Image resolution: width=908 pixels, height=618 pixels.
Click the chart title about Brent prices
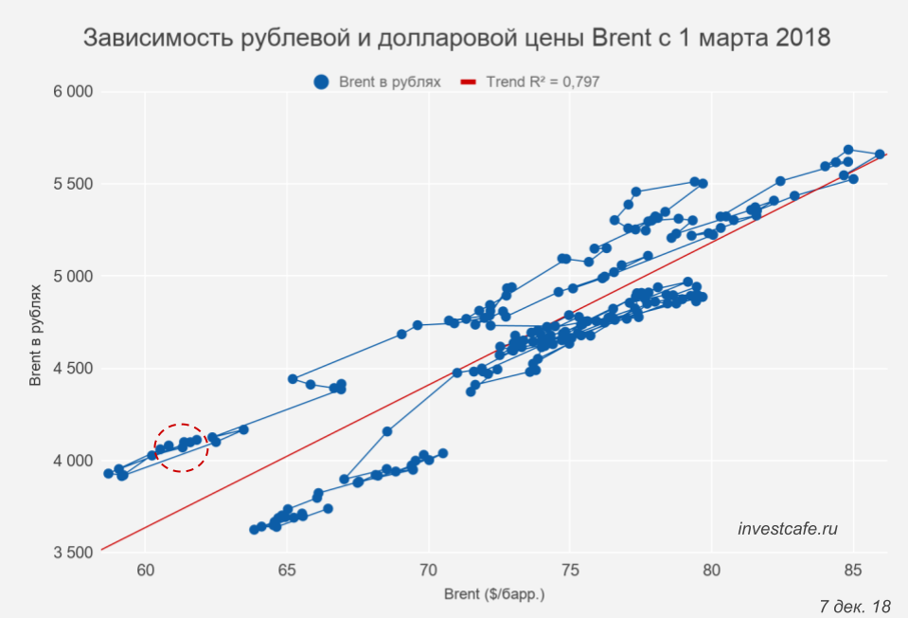click(x=456, y=39)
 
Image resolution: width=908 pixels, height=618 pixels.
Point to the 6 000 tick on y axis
click(x=73, y=92)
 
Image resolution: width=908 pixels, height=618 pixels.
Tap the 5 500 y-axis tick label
click(x=73, y=184)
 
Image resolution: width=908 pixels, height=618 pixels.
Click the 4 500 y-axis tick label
click(x=73, y=369)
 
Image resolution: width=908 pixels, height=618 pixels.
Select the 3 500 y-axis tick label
click(x=73, y=553)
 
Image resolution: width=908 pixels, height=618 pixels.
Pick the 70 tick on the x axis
click(x=428, y=570)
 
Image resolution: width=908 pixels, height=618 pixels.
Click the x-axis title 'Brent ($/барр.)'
click(x=494, y=595)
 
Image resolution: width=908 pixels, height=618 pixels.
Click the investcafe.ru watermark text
click(x=788, y=529)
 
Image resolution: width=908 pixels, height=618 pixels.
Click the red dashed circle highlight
click(x=181, y=447)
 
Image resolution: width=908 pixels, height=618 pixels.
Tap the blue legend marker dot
click(x=322, y=82)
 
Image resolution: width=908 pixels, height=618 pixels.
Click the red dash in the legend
click(x=467, y=82)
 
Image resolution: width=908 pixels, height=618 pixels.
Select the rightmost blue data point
click(x=880, y=154)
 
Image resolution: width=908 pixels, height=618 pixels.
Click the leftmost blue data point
click(x=109, y=473)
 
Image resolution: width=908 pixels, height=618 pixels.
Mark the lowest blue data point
click(x=254, y=530)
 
